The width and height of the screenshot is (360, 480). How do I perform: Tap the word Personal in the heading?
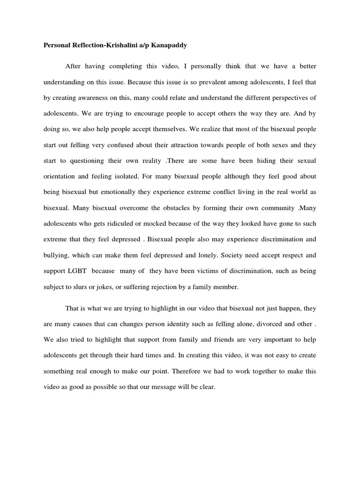point(57,46)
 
